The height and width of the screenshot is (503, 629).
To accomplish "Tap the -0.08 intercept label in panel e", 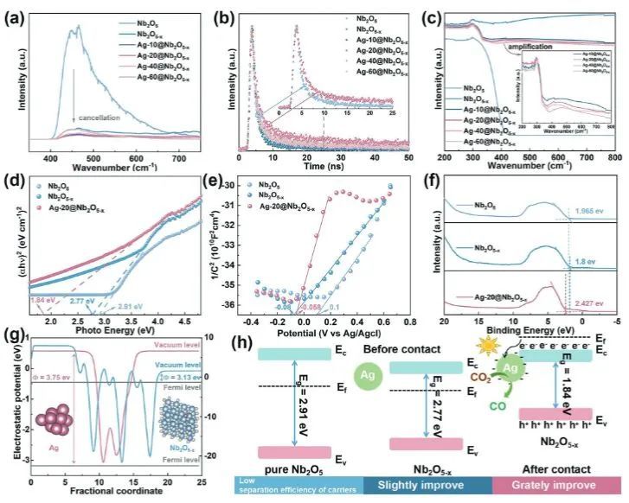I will [283, 307].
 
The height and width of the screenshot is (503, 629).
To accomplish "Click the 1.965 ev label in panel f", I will [587, 211].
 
